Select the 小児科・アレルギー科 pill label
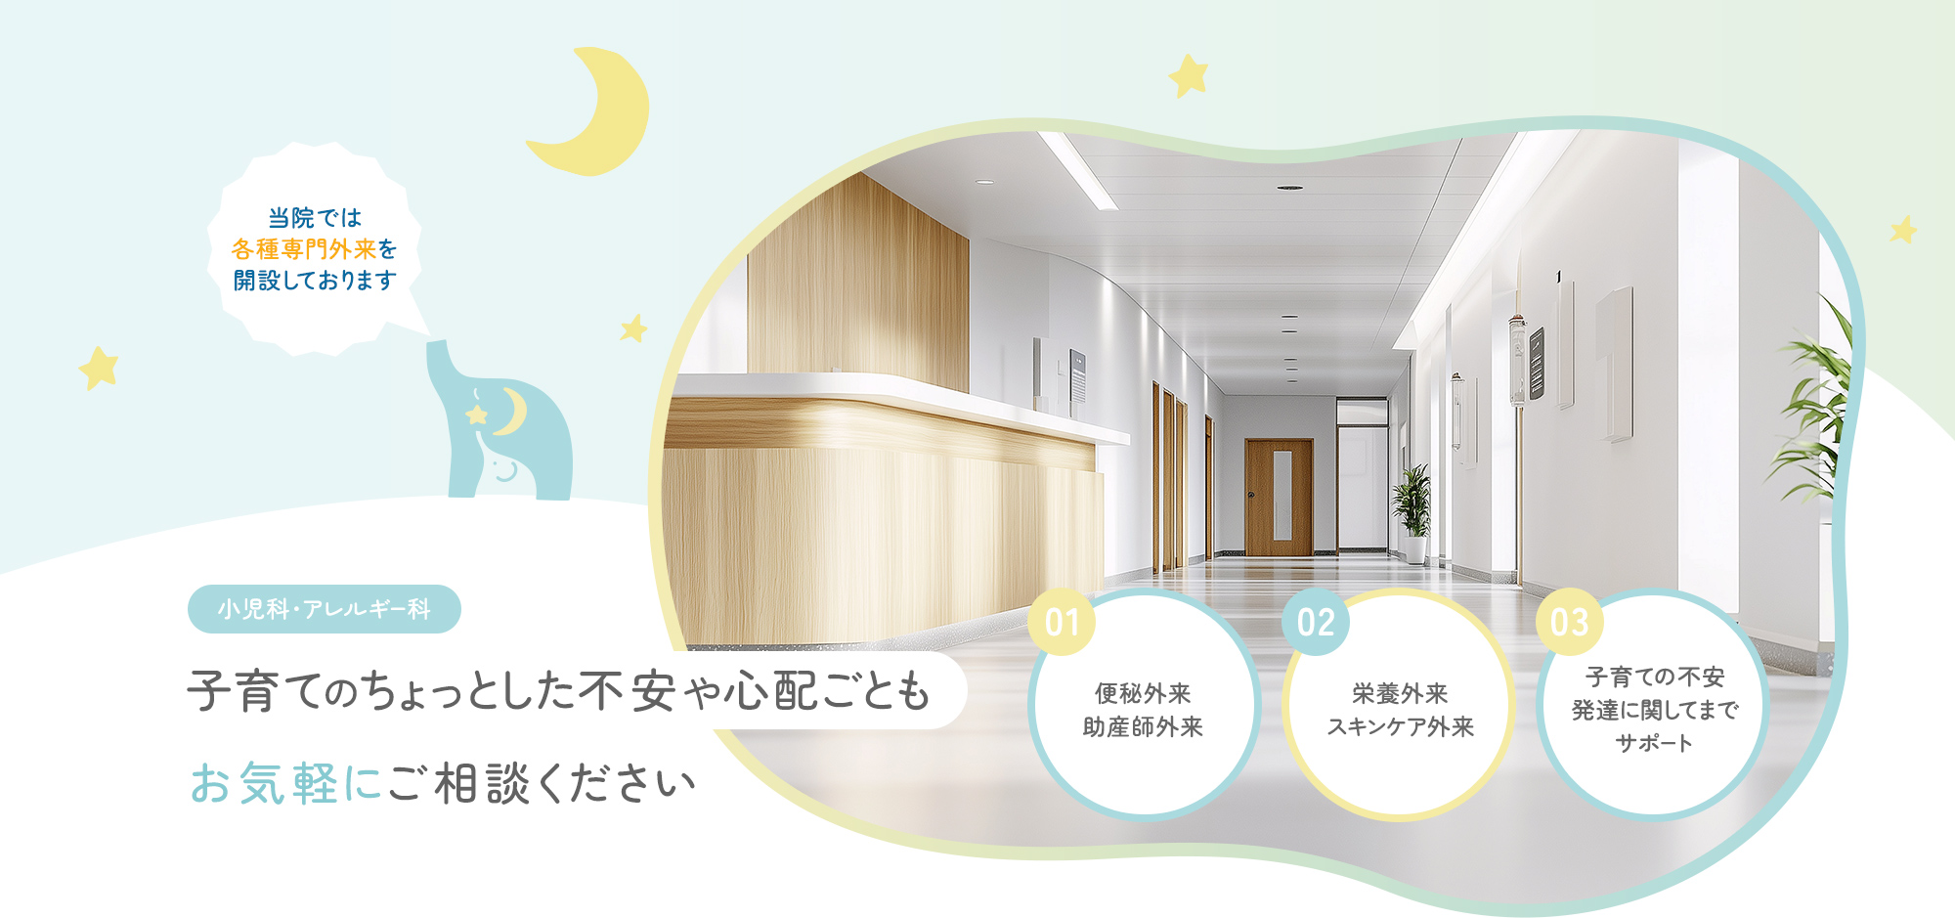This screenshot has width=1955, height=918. coord(324,609)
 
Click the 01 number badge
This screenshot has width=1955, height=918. coord(1062,622)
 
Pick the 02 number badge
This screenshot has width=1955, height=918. coord(1316,622)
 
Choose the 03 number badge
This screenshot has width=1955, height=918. coord(1569,622)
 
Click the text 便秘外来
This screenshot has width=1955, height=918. coord(1143,693)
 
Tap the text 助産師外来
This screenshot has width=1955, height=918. coord(1143,726)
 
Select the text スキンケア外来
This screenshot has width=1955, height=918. coord(1400,726)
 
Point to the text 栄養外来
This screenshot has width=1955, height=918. coord(1400,693)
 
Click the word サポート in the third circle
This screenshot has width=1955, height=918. coord(1654,743)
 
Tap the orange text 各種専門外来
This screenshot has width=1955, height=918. coord(303,249)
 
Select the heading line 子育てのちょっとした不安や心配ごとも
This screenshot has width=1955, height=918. coord(558,691)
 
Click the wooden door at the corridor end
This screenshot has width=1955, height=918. coord(1279,497)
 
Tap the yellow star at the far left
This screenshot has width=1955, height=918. coord(99,368)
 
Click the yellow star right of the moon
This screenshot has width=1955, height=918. coord(1189,75)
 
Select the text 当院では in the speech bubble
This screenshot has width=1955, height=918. coord(315,217)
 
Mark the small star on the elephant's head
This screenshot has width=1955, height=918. coord(477,415)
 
